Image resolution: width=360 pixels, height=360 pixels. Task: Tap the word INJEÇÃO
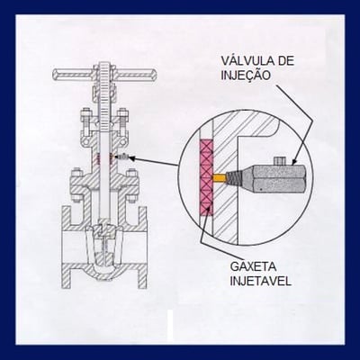(246, 75)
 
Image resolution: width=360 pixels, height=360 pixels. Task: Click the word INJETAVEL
(260, 281)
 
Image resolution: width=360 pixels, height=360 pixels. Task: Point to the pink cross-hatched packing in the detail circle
(206, 177)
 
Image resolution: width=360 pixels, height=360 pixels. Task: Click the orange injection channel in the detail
(219, 178)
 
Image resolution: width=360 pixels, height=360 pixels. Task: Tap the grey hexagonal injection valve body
(277, 178)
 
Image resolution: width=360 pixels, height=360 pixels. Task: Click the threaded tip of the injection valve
(232, 178)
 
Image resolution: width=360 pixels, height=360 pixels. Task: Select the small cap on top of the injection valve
(280, 161)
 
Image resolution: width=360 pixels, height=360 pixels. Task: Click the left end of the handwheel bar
(55, 74)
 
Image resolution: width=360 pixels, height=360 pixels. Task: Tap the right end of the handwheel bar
(153, 74)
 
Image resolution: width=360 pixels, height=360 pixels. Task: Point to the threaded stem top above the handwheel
(104, 67)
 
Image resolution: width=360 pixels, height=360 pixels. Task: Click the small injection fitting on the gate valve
(123, 157)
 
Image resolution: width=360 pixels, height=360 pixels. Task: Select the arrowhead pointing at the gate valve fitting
(133, 157)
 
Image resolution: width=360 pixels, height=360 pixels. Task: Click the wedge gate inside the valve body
(103, 246)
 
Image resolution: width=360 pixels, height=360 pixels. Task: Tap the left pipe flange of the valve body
(67, 247)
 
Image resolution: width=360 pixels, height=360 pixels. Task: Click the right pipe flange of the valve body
(142, 247)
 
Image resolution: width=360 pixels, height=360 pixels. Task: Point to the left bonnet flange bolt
(76, 186)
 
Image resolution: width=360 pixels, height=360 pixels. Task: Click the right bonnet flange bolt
(131, 186)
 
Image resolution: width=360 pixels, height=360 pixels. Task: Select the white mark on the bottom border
(170, 328)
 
